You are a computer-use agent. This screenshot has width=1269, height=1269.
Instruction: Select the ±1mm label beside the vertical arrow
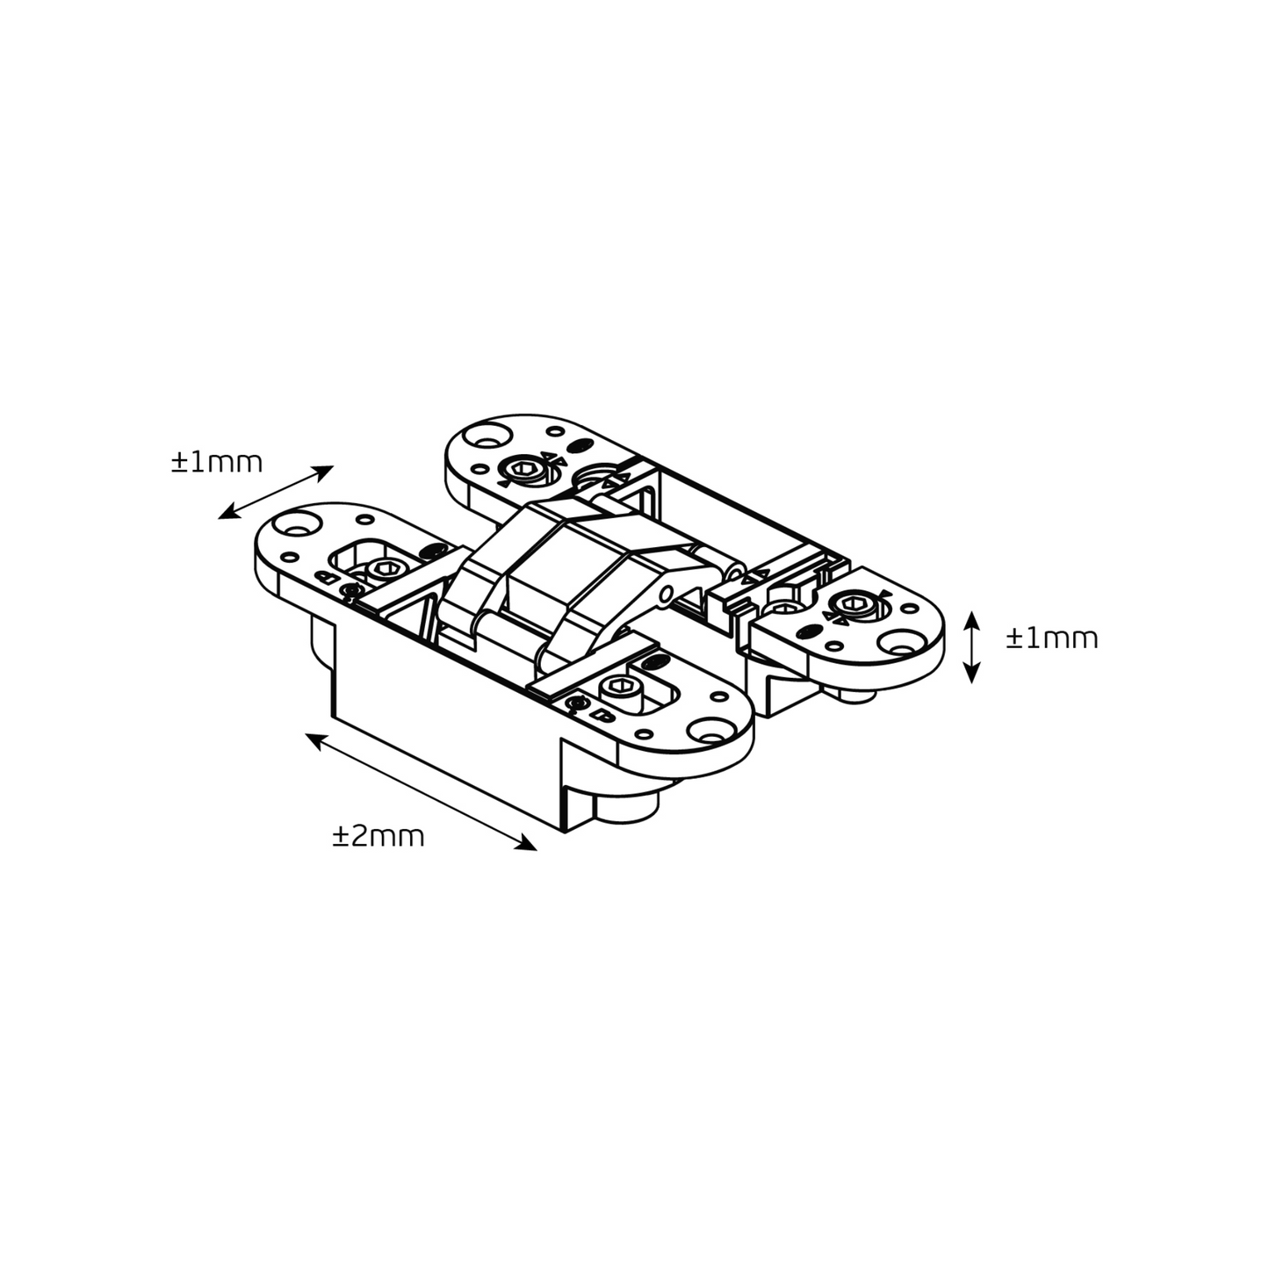[x=1052, y=638]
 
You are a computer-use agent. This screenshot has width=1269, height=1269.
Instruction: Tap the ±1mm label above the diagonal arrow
[x=217, y=462]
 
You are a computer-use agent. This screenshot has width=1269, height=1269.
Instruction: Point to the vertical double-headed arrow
[x=972, y=646]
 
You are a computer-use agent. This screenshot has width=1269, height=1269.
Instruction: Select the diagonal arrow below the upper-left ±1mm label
[x=276, y=492]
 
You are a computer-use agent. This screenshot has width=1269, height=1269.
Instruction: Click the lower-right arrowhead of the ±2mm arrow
[x=527, y=844]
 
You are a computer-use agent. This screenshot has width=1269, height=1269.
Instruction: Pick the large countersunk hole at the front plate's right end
[x=706, y=730]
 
